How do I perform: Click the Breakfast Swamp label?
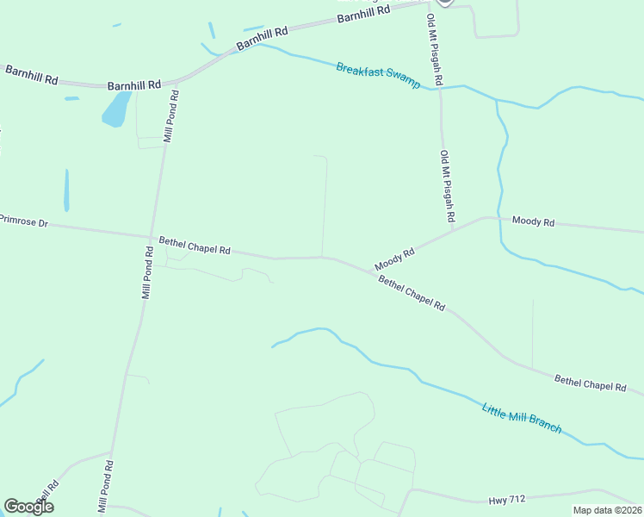coord(378,76)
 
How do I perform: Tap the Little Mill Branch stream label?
coord(522,419)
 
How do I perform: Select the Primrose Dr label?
coord(24,222)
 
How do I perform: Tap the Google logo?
coord(28,507)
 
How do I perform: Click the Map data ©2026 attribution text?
coord(607,510)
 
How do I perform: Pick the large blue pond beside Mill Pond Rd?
coord(116,109)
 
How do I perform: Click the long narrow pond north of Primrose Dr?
coord(66,190)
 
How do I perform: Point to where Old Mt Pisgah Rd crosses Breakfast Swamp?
coord(440,88)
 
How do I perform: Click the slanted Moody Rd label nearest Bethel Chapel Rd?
coord(395,258)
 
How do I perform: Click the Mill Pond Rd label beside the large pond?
coord(170,115)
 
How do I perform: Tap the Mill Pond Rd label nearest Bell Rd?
coord(105,488)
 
